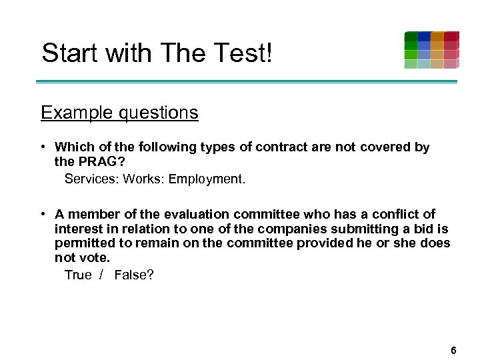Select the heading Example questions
click(x=119, y=113)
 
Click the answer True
click(x=78, y=275)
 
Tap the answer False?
click(x=134, y=275)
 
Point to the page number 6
click(x=453, y=350)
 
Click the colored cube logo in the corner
click(x=431, y=49)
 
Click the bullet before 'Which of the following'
click(x=42, y=147)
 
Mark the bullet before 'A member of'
click(x=42, y=214)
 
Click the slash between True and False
click(x=101, y=275)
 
